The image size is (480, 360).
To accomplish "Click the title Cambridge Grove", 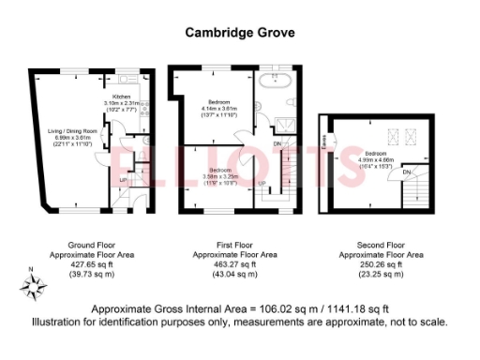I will coord(239,32).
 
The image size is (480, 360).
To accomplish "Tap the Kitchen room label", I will coord(121,97).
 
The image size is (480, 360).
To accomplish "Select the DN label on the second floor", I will coord(407,173).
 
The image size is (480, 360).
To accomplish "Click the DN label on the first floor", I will coord(277,143).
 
